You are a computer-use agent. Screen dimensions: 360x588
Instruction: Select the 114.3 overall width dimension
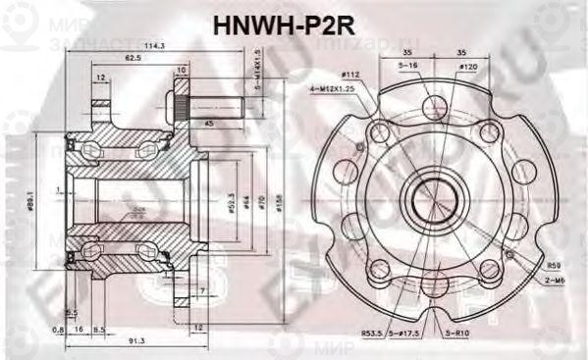click(x=152, y=44)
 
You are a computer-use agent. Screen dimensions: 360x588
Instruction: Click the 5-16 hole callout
click(x=408, y=64)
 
